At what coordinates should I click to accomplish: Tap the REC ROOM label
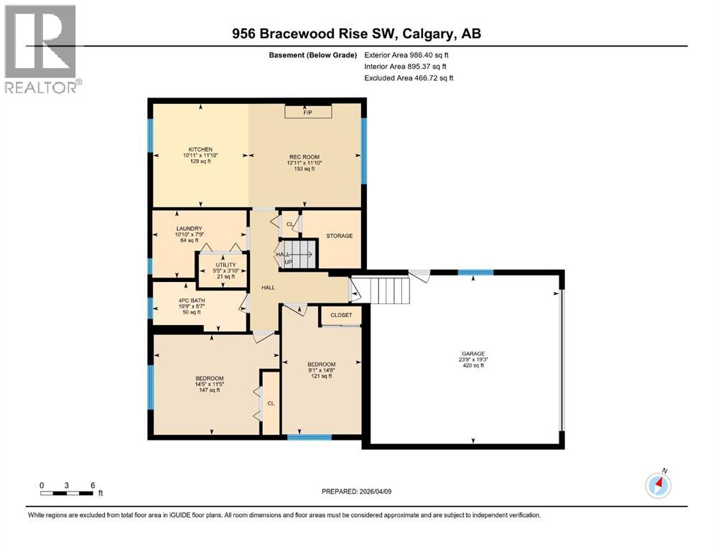[304, 157]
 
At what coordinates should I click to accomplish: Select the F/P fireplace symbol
[308, 113]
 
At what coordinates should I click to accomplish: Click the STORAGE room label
[338, 235]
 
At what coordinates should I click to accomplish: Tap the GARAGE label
[473, 354]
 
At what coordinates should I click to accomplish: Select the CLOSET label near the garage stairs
[341, 315]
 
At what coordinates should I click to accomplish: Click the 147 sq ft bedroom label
[209, 379]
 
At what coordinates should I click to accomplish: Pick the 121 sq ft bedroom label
[321, 364]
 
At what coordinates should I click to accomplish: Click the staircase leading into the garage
[388, 291]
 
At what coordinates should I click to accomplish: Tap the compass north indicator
[658, 485]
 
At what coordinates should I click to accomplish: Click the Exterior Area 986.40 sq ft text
[409, 55]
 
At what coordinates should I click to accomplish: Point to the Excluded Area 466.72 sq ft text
[409, 77]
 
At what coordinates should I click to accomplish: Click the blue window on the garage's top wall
[475, 273]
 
